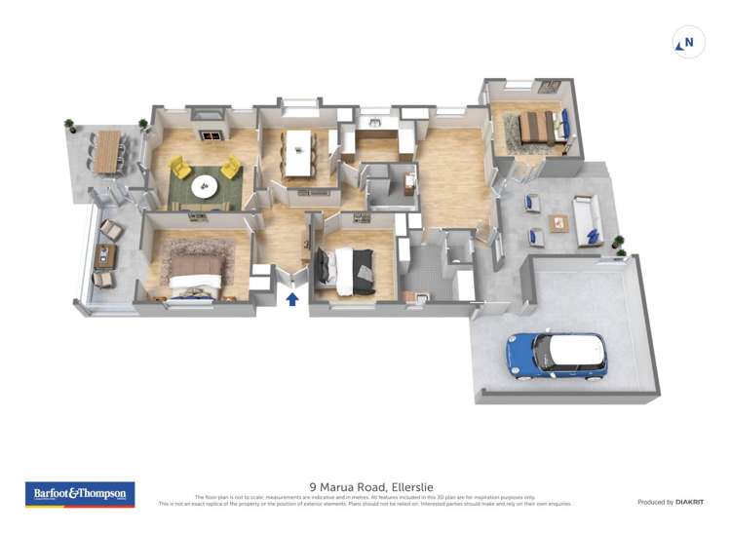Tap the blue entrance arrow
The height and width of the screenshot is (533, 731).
point(291,299)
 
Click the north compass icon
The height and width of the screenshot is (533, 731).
point(688,43)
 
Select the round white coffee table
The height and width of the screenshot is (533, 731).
point(205,189)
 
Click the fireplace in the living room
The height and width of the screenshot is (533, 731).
point(211,138)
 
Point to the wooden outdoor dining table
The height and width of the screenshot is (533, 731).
point(107,151)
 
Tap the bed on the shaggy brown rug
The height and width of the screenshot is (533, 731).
point(198,271)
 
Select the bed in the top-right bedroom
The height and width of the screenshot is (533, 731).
point(535,127)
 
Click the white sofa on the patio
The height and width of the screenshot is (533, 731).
point(587,220)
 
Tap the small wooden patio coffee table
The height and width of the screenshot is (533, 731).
point(558,223)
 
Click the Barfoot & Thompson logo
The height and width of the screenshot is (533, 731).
point(79,494)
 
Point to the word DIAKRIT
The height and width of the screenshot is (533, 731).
point(689,502)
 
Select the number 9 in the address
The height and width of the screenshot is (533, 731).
point(312,486)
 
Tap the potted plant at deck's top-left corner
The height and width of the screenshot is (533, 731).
point(69,125)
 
